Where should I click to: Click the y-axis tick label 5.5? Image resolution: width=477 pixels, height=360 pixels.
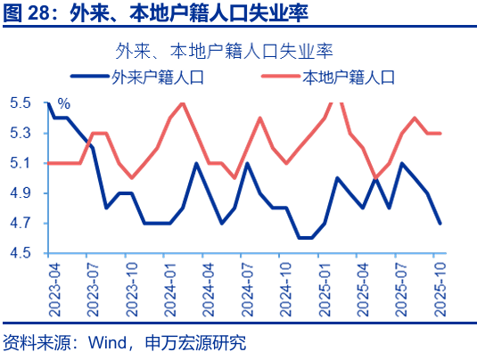(21, 103)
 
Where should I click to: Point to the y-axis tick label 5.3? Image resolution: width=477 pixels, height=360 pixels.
(21, 134)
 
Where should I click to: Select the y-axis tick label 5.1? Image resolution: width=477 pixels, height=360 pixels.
(21, 163)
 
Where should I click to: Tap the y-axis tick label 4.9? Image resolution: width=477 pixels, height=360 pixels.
(21, 193)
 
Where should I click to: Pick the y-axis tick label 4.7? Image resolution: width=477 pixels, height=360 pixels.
(21, 224)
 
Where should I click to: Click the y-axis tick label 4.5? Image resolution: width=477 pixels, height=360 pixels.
(21, 253)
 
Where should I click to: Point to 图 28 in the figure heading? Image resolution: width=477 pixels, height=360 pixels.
(29, 13)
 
